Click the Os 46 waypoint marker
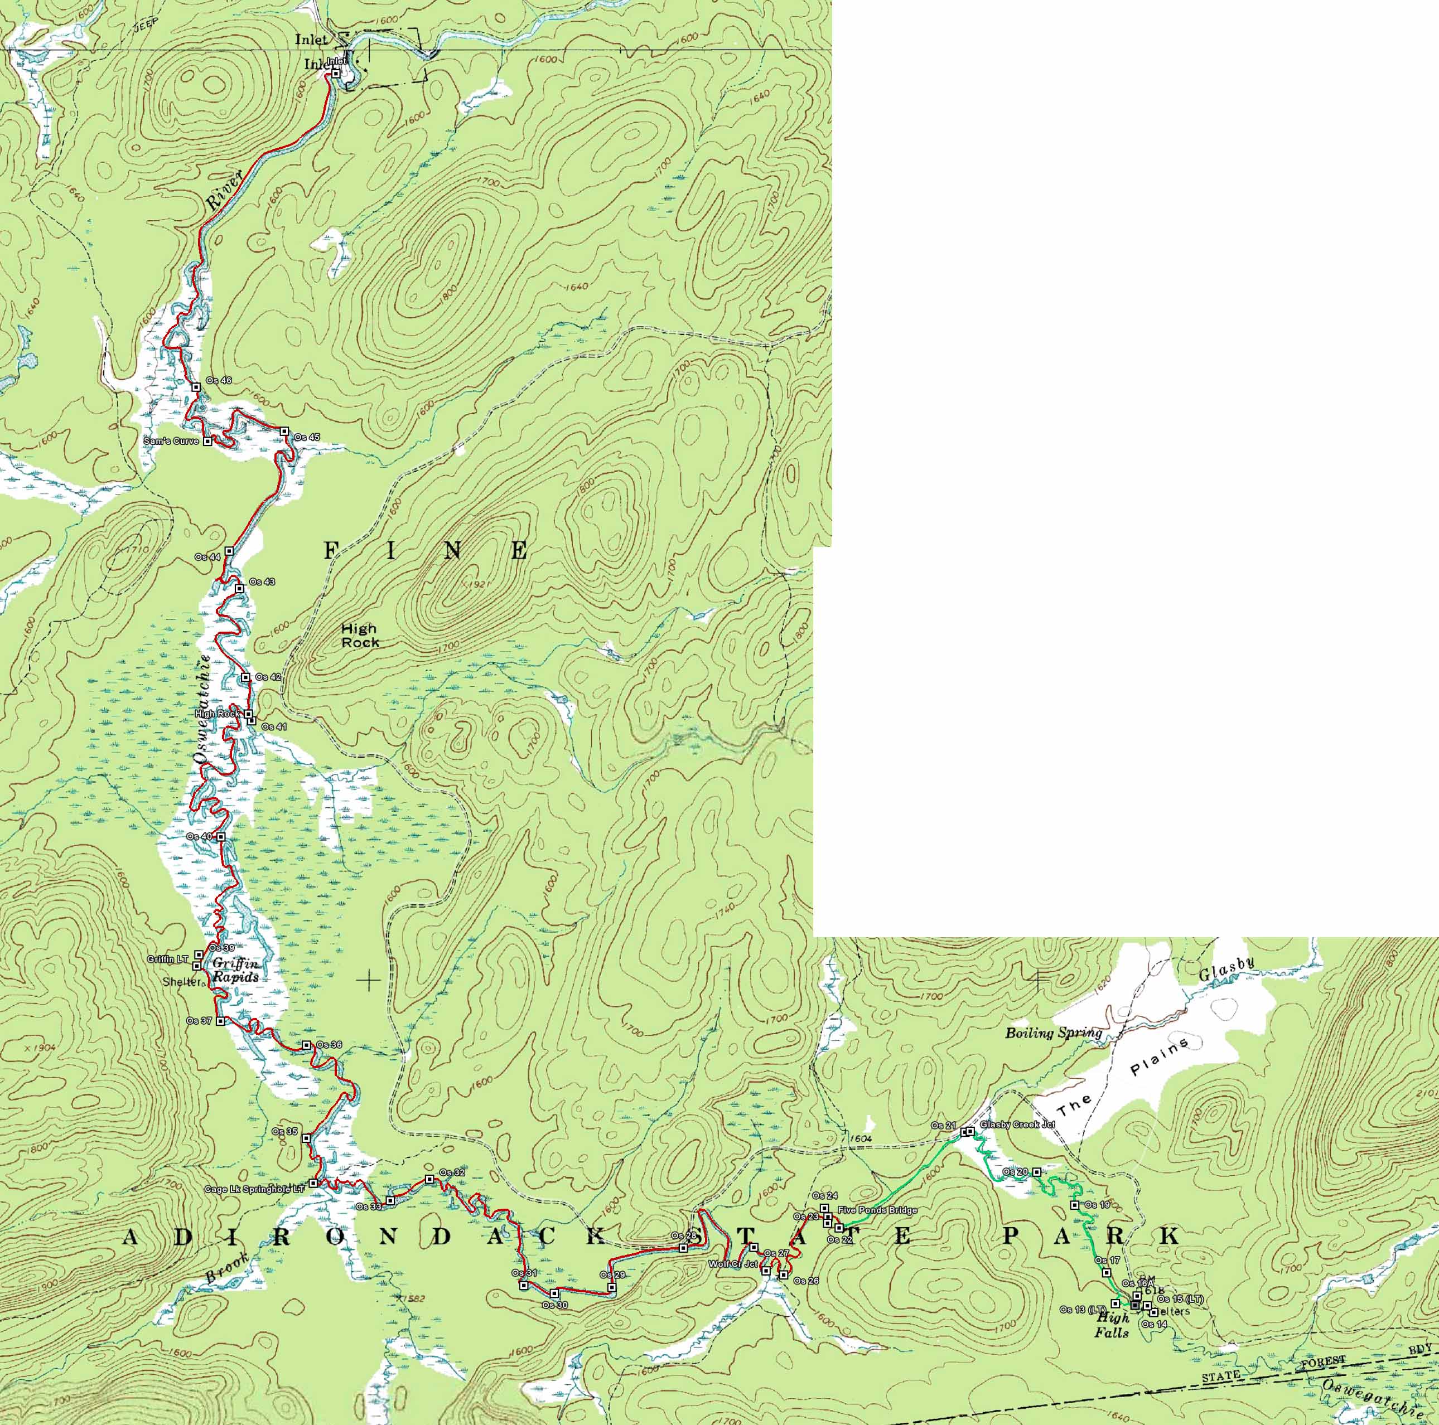tap(196, 387)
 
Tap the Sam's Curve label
tap(171, 442)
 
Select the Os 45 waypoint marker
tap(284, 431)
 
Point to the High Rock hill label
tap(360, 635)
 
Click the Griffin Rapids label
tap(235, 971)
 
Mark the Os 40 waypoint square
tap(221, 837)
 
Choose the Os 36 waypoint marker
tap(306, 1045)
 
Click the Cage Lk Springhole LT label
tap(255, 1190)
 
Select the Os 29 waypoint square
tap(611, 1287)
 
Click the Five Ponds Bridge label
tap(877, 1210)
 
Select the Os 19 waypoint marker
tap(1075, 1205)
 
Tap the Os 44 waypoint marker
tap(229, 550)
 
